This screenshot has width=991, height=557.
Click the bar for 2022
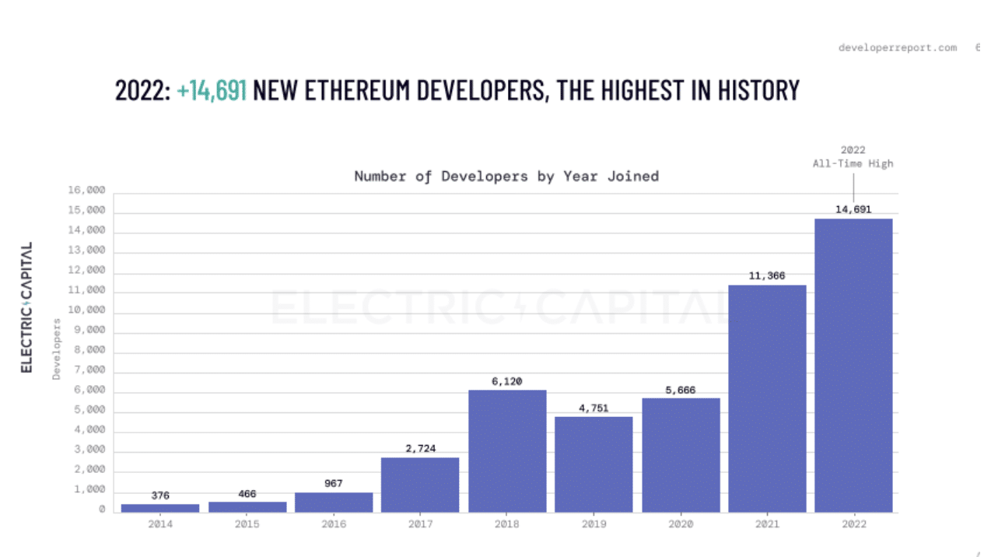(853, 366)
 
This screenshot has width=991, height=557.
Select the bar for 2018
(507, 451)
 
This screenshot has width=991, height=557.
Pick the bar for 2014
(160, 508)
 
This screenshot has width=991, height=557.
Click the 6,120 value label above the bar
(507, 381)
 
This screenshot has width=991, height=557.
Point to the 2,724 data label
(420, 449)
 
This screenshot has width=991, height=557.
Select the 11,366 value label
(767, 276)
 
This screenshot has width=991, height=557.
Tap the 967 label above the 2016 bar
(334, 484)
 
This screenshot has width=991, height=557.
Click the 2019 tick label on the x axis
(594, 525)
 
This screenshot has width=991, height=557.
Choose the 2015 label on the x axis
(247, 525)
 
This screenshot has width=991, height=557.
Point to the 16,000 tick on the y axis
(86, 191)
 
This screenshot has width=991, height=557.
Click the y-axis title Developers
(57, 349)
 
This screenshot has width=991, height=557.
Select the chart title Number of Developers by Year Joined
(506, 176)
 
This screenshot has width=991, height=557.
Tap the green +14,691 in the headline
(212, 90)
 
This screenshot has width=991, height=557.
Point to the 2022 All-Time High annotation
(853, 156)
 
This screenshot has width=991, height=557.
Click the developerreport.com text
(897, 48)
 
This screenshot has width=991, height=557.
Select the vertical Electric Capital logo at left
(27, 307)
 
